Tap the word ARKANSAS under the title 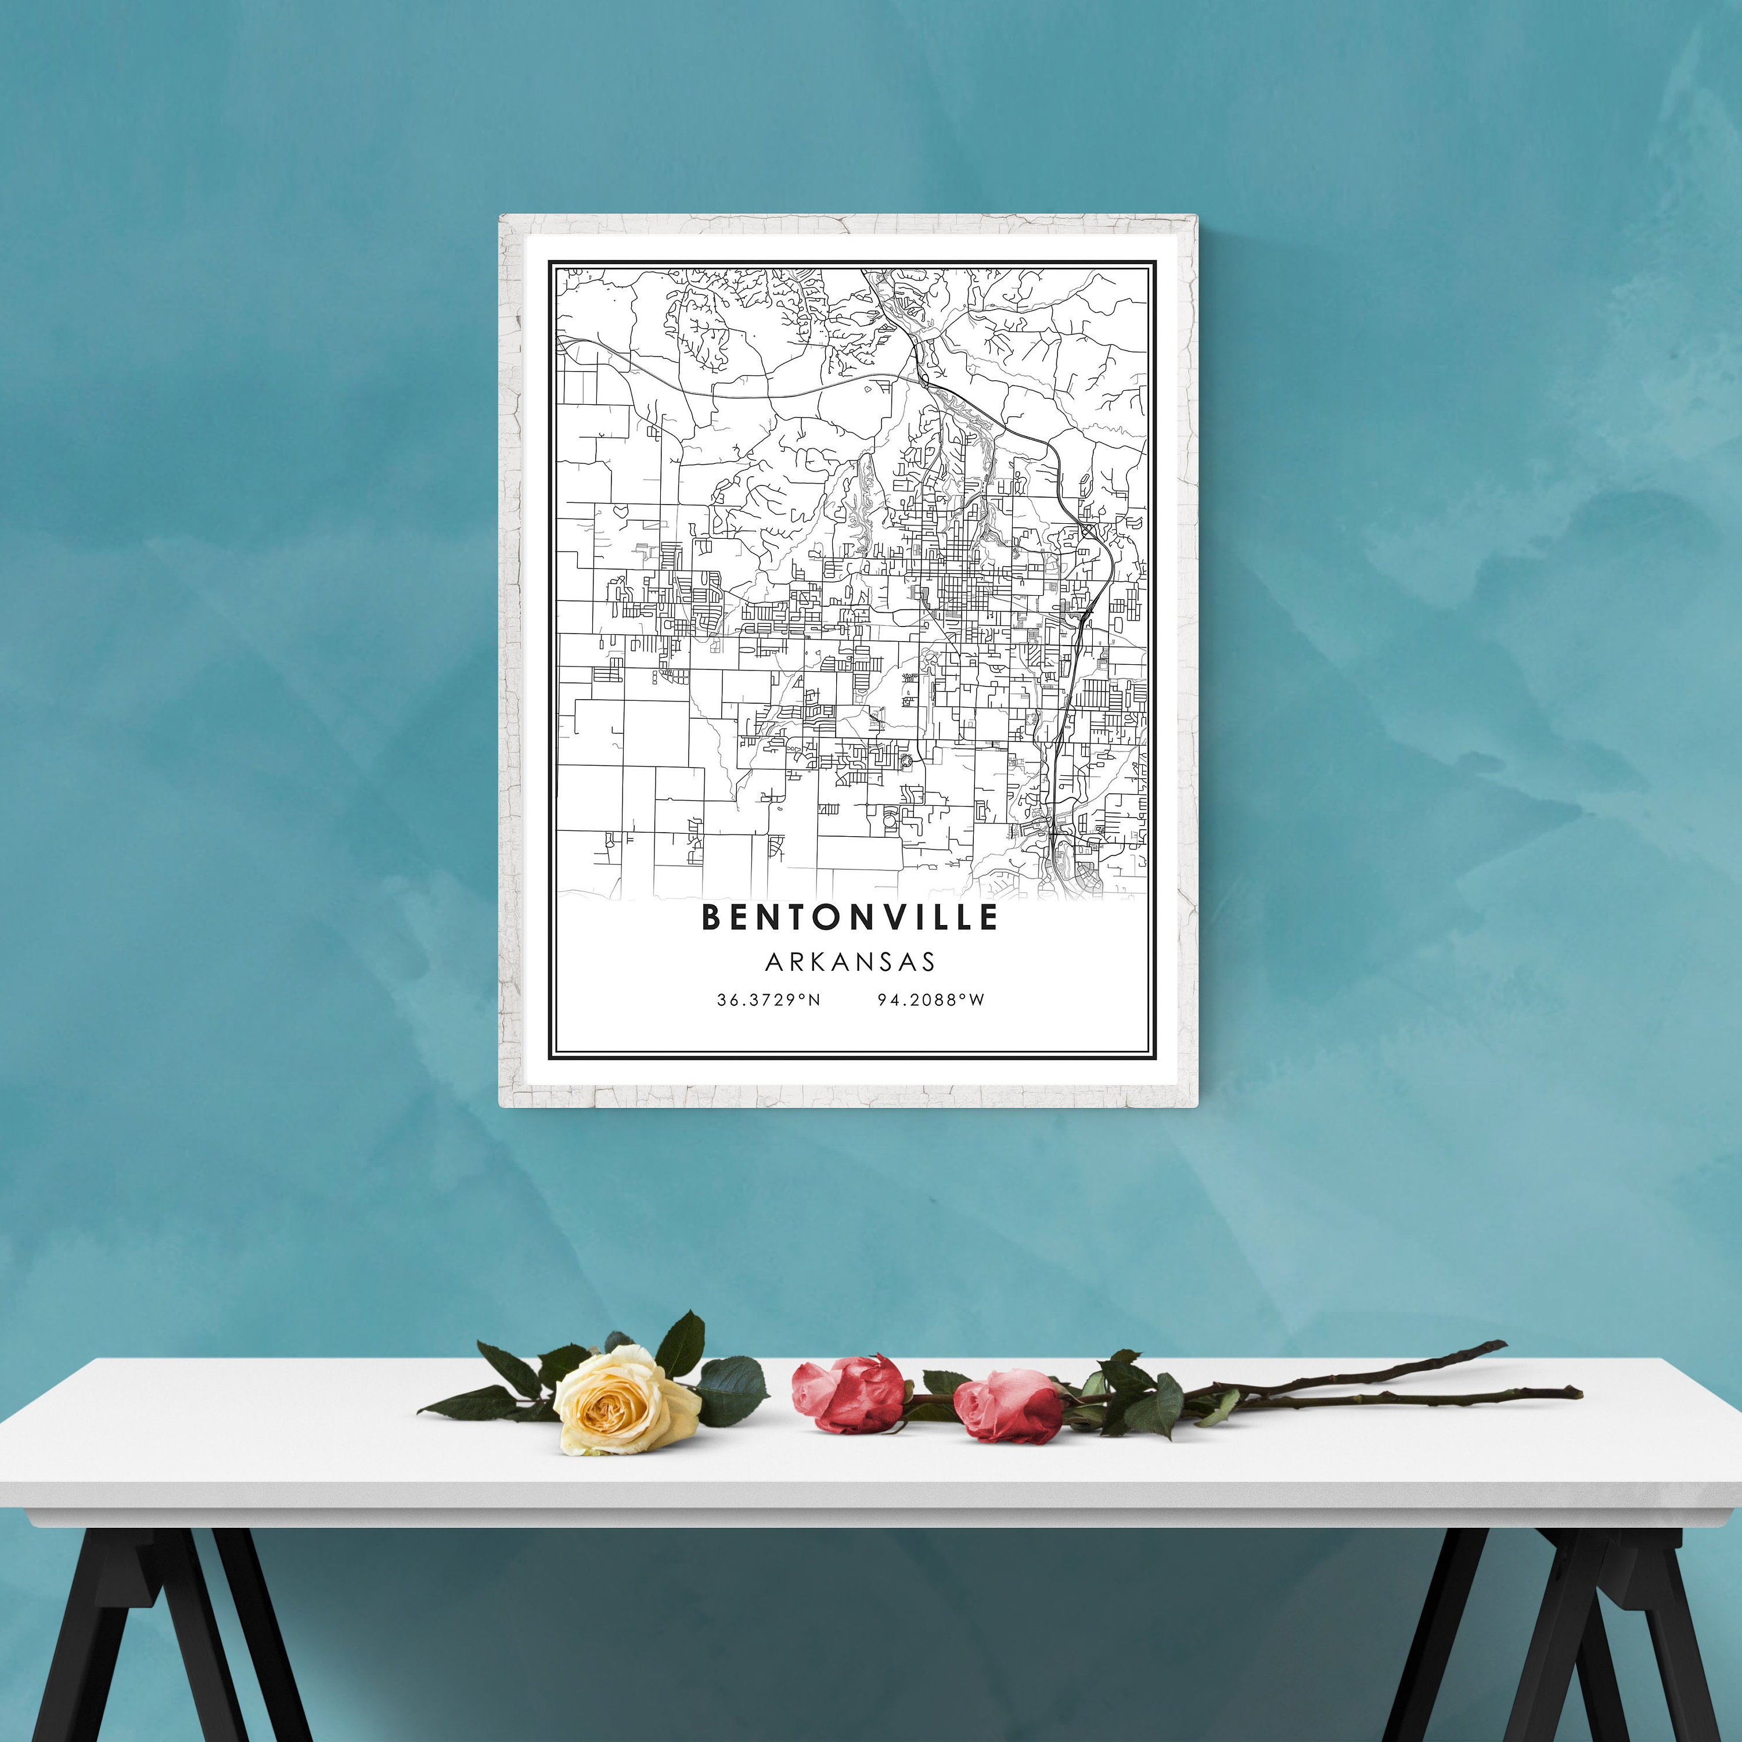pos(850,962)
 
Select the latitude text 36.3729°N pos(768,999)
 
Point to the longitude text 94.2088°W pos(930,999)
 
